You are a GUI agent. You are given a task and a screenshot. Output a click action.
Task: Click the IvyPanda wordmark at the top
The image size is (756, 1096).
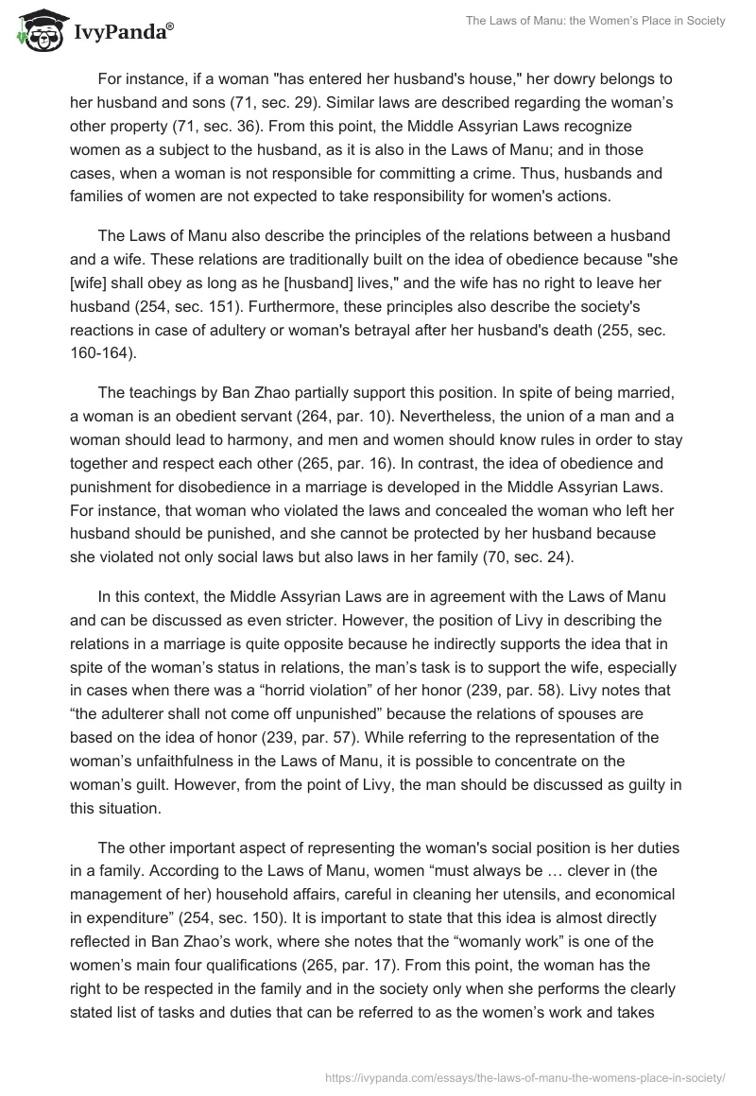coord(120,34)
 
